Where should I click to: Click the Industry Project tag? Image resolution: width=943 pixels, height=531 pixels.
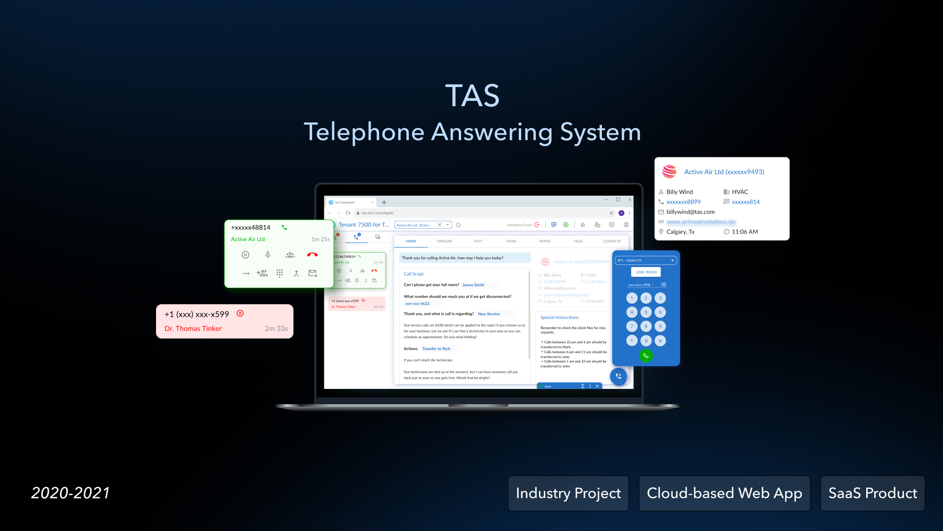pos(568,493)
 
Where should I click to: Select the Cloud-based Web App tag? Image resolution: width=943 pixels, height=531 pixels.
pos(724,493)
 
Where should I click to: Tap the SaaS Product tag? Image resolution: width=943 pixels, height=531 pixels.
pos(872,493)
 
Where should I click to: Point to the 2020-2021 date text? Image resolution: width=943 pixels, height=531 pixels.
pos(70,493)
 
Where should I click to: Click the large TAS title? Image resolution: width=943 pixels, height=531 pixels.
pos(472,95)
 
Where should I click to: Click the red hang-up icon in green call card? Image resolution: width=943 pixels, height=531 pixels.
pos(312,255)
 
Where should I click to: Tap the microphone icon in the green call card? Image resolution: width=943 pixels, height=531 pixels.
pos(268,255)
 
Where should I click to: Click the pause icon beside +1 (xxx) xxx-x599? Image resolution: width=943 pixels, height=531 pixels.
pos(240,313)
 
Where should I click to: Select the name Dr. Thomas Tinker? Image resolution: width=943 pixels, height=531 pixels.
pos(193,328)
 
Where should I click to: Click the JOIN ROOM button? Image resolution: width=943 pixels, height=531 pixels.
pos(646,272)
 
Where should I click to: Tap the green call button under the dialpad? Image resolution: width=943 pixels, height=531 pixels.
pos(646,355)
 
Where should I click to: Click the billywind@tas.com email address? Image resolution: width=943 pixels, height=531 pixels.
pos(690,212)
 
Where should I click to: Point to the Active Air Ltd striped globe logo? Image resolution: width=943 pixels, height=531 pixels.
pos(669,172)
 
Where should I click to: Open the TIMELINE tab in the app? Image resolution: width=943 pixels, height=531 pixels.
pos(444,241)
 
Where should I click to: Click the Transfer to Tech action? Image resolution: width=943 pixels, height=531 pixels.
pos(436,349)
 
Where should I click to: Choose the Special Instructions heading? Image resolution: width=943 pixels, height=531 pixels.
pos(559,318)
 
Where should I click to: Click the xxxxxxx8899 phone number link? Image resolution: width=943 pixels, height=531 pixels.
pos(683,202)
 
